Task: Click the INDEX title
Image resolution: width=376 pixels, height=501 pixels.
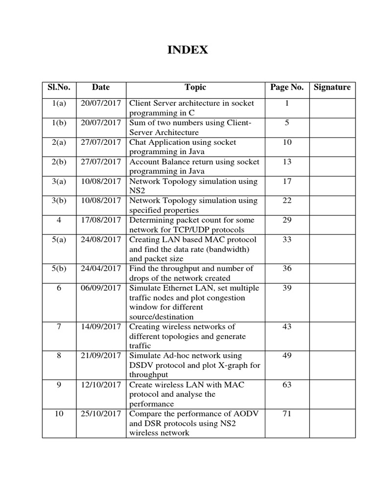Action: (188, 50)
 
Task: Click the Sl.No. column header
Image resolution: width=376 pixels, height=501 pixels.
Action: (59, 88)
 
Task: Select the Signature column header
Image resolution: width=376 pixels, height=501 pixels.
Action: (332, 88)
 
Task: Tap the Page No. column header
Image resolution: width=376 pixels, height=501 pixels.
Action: (287, 88)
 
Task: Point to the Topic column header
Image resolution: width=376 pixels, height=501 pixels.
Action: (195, 88)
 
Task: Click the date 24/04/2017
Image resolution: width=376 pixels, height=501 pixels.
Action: (101, 269)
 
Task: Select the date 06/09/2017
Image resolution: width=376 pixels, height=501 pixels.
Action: (101, 288)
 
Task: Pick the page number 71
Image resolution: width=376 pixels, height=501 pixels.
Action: (287, 414)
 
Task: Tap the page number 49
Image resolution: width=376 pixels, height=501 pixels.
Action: (287, 356)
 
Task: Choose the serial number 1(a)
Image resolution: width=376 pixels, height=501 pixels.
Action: (59, 104)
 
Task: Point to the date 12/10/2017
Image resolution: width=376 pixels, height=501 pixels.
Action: (101, 385)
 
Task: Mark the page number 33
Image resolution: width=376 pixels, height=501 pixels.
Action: (287, 240)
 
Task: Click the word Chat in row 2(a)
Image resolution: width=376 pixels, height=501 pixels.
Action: (138, 142)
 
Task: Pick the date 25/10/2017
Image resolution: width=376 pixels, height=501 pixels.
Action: (101, 414)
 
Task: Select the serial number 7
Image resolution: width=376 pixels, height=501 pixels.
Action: (59, 327)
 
